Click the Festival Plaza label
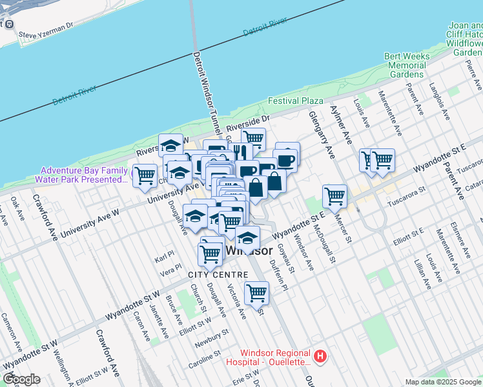[296, 101]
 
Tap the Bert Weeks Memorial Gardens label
[407, 65]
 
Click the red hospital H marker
[319, 356]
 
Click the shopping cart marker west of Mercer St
[334, 195]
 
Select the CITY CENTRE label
[209, 275]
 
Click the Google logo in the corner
[21, 379]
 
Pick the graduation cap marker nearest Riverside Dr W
[171, 146]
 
